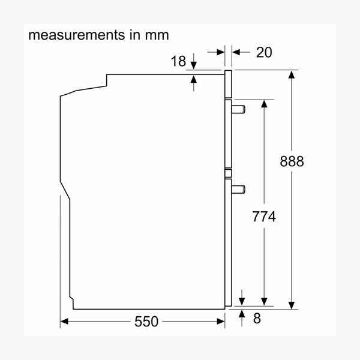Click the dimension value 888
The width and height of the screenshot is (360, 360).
(292, 161)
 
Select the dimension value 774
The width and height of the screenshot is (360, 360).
(263, 217)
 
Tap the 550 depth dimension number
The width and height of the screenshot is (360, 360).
(146, 322)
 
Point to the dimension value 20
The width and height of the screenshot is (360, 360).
(263, 52)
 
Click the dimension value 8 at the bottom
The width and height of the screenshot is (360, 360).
(257, 319)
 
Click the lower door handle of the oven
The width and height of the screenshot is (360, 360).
(238, 188)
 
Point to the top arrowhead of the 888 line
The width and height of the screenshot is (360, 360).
(292, 75)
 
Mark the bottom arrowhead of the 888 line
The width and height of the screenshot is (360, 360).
(292, 304)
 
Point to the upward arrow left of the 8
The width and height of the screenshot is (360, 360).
(241, 315)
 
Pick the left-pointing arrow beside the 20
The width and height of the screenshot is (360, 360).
(236, 52)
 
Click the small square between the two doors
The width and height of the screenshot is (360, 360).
(228, 175)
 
